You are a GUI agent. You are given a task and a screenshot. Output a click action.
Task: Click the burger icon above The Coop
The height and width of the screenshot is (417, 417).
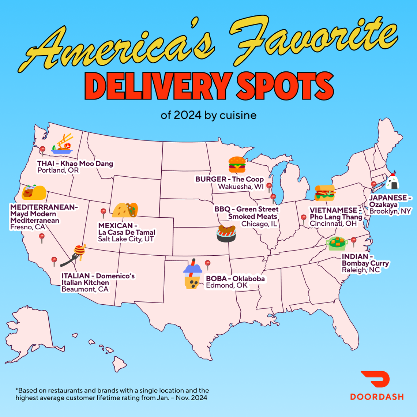[x=237, y=165]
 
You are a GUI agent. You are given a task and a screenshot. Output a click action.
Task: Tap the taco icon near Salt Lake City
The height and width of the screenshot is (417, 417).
[x=125, y=210]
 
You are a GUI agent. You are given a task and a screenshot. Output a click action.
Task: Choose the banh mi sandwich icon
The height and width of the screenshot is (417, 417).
[x=325, y=193]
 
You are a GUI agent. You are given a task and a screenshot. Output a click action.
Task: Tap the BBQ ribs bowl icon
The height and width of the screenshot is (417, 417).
[x=226, y=234]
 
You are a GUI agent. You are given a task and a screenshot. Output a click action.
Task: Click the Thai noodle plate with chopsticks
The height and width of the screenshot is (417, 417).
[x=63, y=144]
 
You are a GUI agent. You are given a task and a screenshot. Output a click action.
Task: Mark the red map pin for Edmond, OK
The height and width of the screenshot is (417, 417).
[x=208, y=263]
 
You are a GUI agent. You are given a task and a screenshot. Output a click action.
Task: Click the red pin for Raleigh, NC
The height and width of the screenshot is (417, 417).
[x=353, y=241]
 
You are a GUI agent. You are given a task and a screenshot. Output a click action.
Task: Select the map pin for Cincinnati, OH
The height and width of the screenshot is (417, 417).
[x=303, y=218]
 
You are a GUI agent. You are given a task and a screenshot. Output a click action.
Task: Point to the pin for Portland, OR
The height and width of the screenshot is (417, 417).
[x=42, y=150]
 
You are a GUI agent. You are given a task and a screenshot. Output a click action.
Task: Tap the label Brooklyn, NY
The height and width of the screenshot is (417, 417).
[x=390, y=211]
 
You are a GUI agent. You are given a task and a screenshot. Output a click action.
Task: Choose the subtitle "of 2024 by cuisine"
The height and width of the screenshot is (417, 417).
[x=209, y=115]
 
